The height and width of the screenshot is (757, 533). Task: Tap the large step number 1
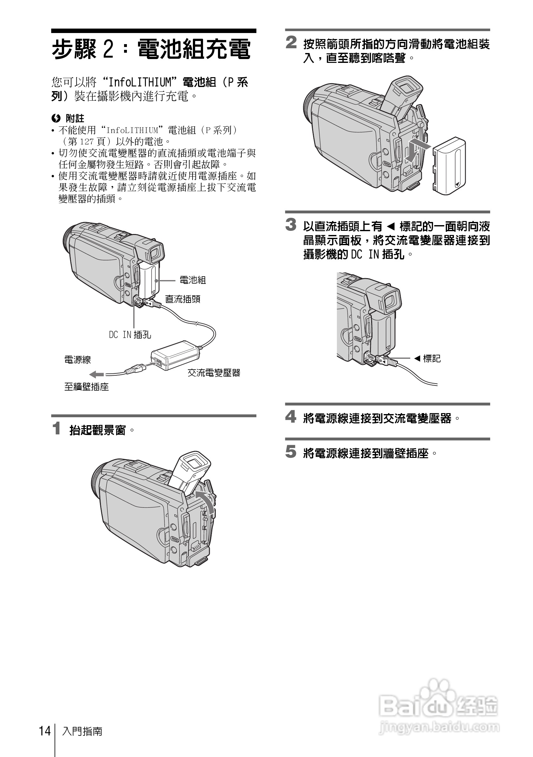pyautogui.click(x=57, y=428)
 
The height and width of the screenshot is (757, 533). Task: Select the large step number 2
pyautogui.click(x=291, y=43)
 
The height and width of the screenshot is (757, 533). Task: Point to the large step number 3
pyautogui.click(x=291, y=225)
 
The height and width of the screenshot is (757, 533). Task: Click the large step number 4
pyautogui.click(x=291, y=417)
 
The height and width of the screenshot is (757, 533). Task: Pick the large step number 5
pyautogui.click(x=291, y=452)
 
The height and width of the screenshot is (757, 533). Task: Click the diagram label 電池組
pyautogui.click(x=193, y=280)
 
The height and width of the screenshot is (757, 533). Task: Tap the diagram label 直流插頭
pyautogui.click(x=182, y=299)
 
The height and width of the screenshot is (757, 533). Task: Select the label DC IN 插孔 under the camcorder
pyautogui.click(x=130, y=335)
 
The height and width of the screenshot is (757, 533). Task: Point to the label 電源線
pyautogui.click(x=77, y=360)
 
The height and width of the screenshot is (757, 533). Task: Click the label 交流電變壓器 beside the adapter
pyautogui.click(x=214, y=373)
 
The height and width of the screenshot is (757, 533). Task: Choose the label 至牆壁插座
pyautogui.click(x=86, y=387)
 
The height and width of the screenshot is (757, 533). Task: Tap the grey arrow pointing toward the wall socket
pyautogui.click(x=96, y=375)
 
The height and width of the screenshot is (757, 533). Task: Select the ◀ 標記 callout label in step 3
pyautogui.click(x=427, y=358)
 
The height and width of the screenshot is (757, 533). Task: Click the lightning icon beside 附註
pyautogui.click(x=56, y=118)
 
